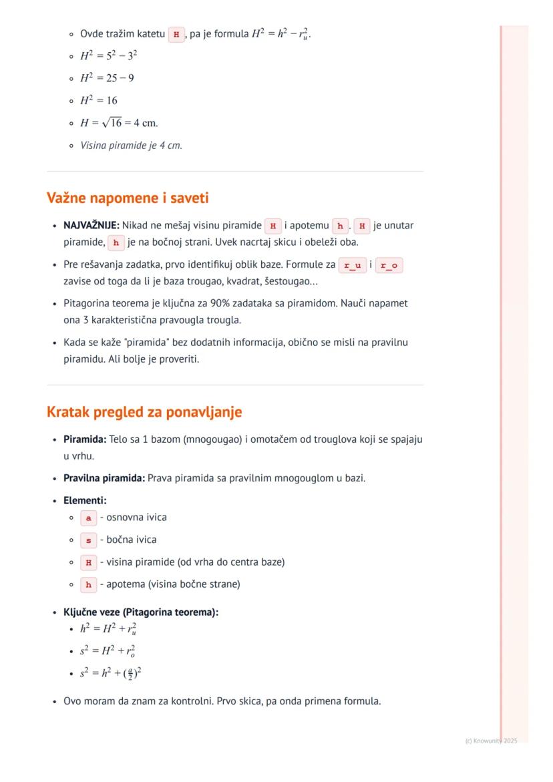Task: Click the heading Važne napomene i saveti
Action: (x=128, y=198)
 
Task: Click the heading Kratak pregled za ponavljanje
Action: (x=144, y=412)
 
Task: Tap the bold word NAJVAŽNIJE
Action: (x=91, y=226)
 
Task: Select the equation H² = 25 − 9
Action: (x=107, y=78)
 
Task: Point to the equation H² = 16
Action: (x=99, y=101)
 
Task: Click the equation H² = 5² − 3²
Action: (x=109, y=56)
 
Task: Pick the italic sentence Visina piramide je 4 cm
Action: (x=131, y=146)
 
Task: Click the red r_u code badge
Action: (x=351, y=265)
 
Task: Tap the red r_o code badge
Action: (x=389, y=265)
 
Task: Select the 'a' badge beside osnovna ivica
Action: (x=88, y=518)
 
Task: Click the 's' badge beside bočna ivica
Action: (x=88, y=540)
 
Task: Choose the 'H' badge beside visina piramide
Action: (x=88, y=562)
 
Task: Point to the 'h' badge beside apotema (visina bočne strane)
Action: (x=88, y=584)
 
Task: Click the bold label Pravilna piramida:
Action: (x=104, y=478)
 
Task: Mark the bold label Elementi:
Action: (x=85, y=500)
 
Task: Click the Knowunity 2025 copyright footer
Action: (x=491, y=741)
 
